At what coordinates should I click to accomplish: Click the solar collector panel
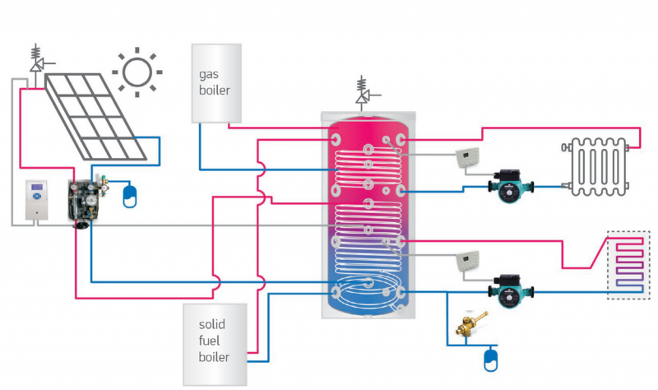[97, 115]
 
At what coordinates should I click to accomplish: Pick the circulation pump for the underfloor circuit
[510, 288]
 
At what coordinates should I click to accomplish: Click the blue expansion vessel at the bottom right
[492, 358]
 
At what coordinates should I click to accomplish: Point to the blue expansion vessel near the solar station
[129, 194]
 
